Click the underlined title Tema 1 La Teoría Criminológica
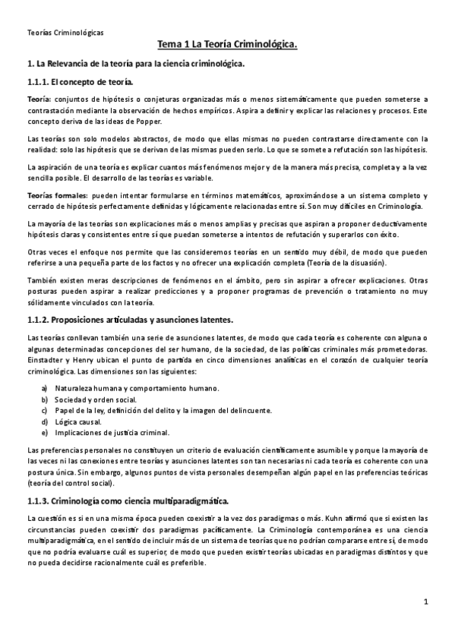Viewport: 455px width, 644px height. click(x=227, y=46)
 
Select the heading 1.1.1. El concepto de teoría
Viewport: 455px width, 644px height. click(x=79, y=81)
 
